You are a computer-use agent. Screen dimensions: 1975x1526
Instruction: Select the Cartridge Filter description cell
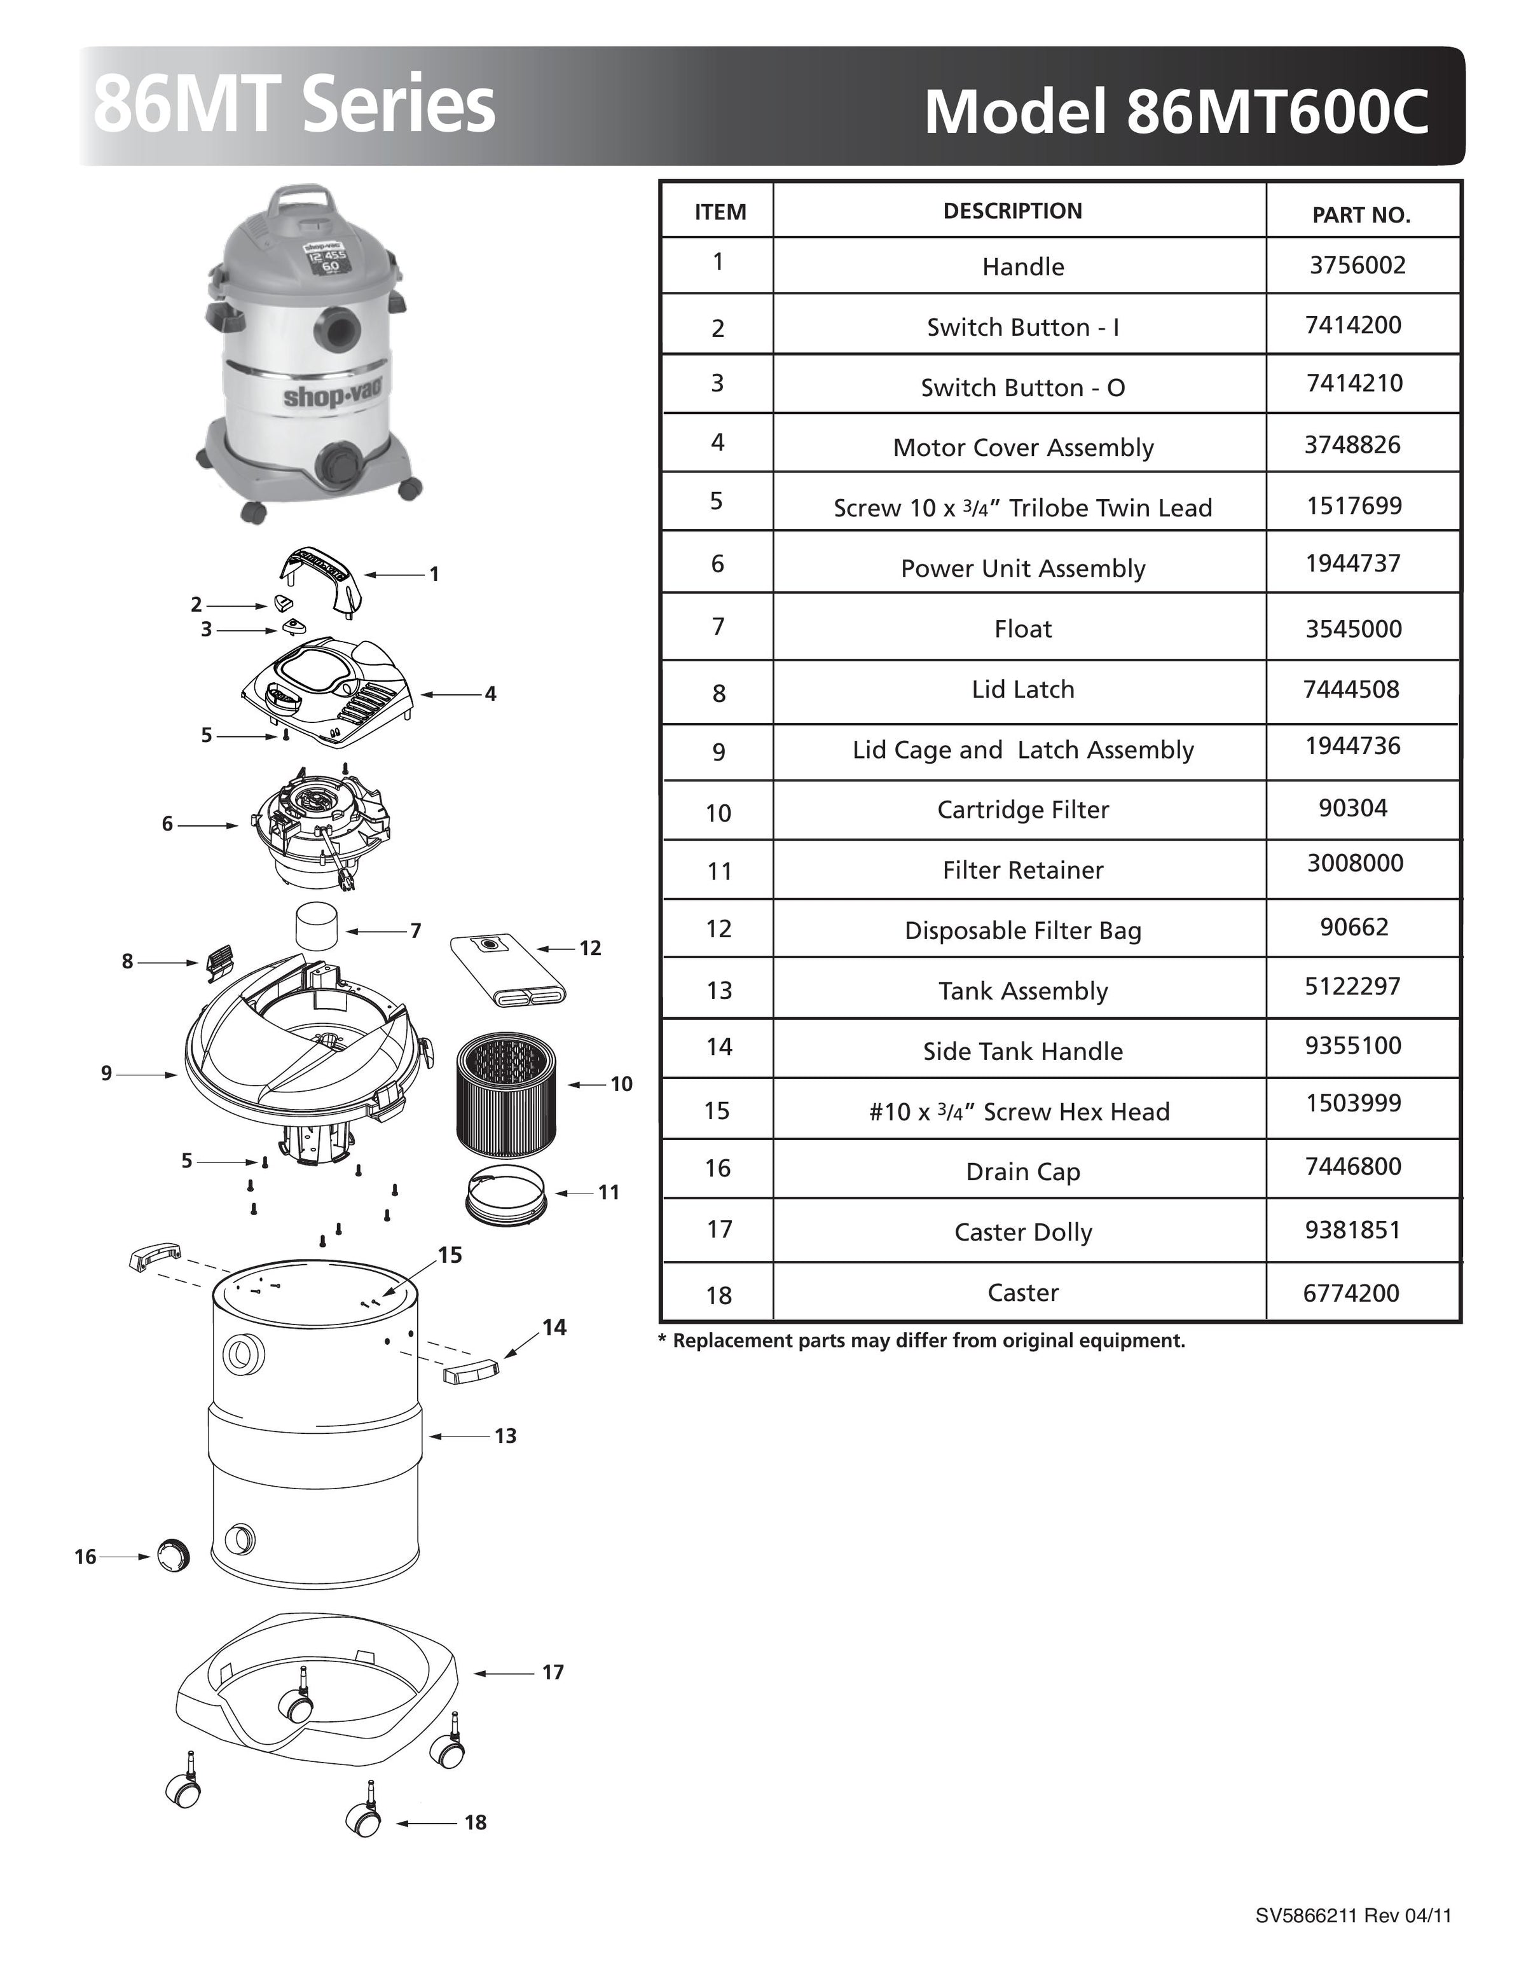(x=1022, y=809)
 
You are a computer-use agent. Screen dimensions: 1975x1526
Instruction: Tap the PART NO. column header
(x=1361, y=215)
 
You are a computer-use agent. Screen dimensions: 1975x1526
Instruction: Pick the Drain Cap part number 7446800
(x=1352, y=1167)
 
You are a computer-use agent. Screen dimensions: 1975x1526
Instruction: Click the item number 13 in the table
(x=718, y=990)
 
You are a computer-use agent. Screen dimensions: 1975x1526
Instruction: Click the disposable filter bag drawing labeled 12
(x=507, y=968)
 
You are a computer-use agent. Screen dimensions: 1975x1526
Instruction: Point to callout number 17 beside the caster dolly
(x=553, y=1672)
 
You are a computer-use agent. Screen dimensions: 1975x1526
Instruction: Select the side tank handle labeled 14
(x=471, y=1371)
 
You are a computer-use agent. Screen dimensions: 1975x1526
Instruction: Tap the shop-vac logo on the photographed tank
(x=333, y=394)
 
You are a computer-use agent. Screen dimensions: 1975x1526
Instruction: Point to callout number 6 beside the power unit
(x=167, y=824)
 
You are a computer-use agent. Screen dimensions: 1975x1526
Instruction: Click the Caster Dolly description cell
(x=1022, y=1232)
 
